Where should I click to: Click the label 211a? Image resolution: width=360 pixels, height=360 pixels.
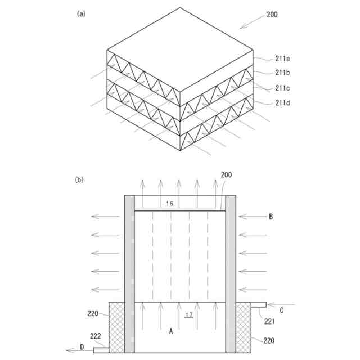click(283, 58)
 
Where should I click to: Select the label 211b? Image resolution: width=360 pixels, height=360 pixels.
click(283, 73)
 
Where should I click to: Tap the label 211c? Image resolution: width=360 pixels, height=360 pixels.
click(283, 87)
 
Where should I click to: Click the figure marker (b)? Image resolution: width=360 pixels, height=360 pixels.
click(79, 180)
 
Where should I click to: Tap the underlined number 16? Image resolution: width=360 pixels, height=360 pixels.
click(170, 203)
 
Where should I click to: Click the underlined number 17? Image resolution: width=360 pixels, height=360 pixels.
click(189, 315)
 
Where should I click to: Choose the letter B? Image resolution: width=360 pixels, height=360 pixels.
click(271, 216)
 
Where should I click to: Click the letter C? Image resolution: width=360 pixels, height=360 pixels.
click(281, 309)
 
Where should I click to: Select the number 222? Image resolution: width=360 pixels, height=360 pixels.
click(96, 336)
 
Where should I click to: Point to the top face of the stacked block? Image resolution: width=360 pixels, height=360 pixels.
click(180, 47)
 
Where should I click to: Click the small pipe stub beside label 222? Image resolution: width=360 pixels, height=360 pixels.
click(100, 350)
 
